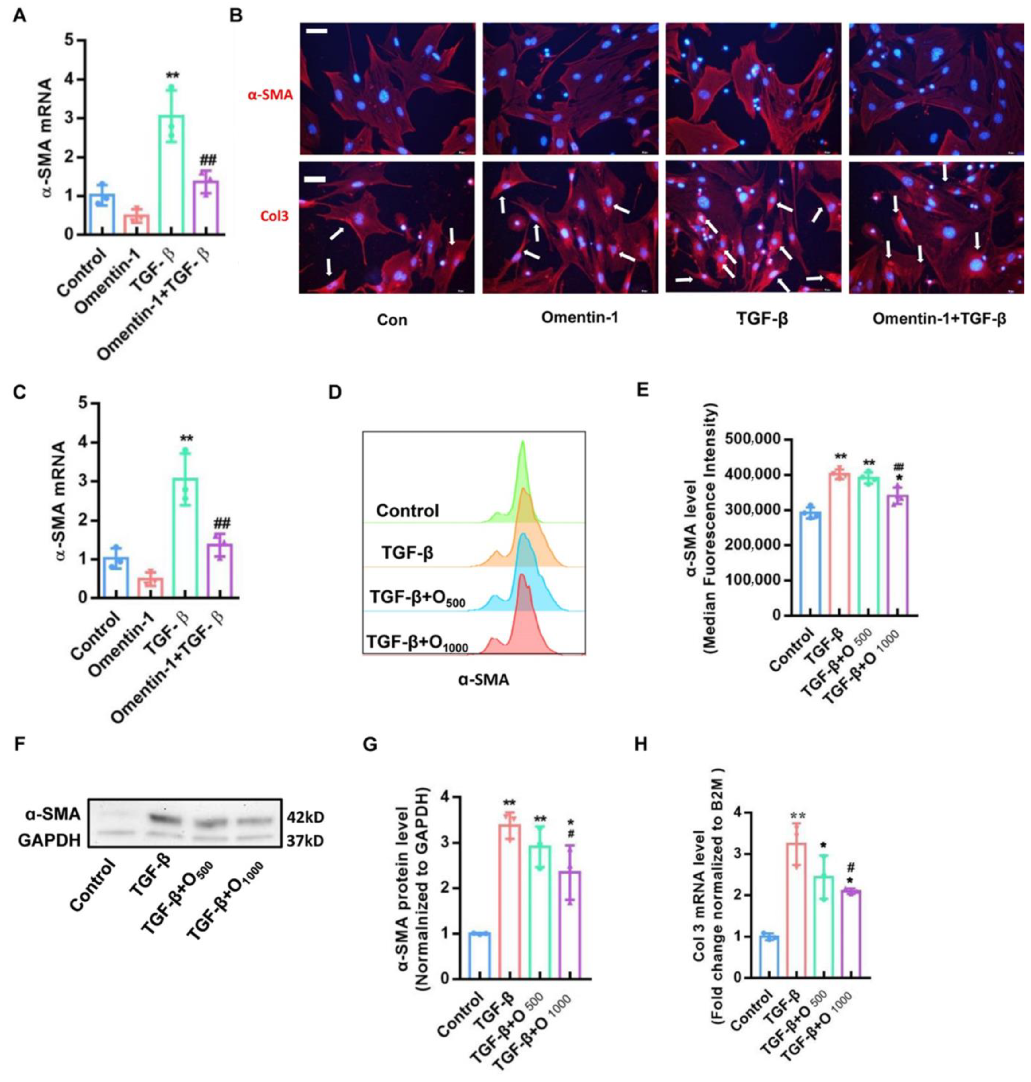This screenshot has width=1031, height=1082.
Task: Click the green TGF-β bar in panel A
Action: pyautogui.click(x=171, y=176)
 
